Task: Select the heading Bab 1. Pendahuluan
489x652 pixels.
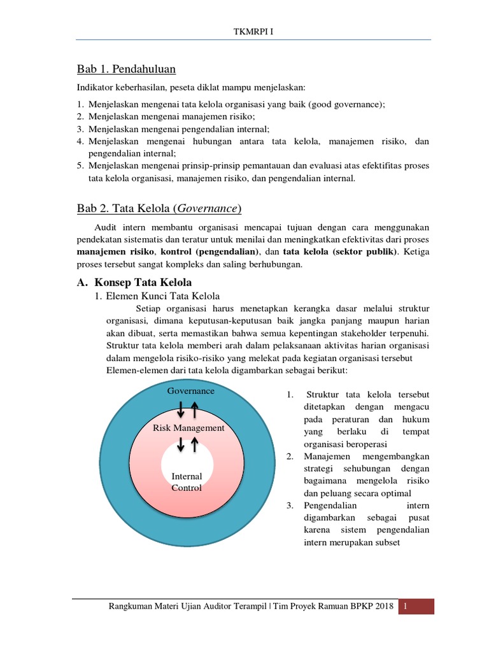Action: click(x=126, y=68)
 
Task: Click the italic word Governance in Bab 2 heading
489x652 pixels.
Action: click(x=209, y=209)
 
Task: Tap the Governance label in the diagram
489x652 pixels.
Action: click(x=190, y=390)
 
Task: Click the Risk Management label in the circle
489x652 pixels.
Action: click(x=188, y=428)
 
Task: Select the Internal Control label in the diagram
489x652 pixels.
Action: click(x=187, y=482)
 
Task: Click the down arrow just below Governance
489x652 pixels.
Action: click(x=181, y=407)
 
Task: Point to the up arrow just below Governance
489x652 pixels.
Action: click(x=195, y=407)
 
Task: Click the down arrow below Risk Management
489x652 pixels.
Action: click(x=181, y=444)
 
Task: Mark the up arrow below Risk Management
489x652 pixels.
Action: click(x=194, y=444)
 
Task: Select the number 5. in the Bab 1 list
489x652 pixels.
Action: click(x=80, y=166)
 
